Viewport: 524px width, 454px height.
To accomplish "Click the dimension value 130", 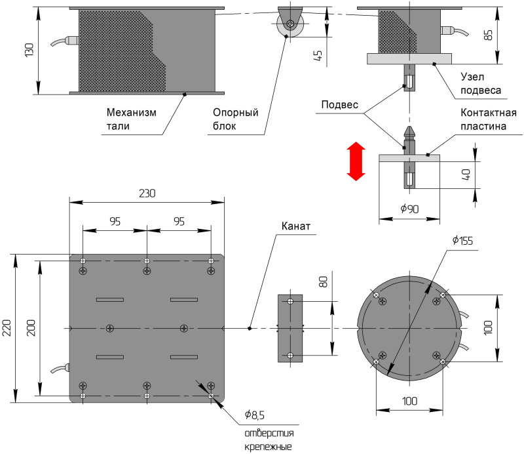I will coord(29,49).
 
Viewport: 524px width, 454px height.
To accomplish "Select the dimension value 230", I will coord(147,194).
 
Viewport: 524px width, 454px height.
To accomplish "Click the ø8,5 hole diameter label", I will coord(255,415).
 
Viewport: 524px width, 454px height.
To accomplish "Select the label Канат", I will coord(295,227).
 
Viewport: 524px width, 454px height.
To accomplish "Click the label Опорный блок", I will coord(235,119).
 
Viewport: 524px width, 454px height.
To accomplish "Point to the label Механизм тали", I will coord(131,119).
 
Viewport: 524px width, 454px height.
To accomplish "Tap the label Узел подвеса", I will coord(481,84).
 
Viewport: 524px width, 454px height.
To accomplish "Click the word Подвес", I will coord(340,105).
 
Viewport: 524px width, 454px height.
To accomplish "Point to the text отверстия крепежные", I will coord(269,440).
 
